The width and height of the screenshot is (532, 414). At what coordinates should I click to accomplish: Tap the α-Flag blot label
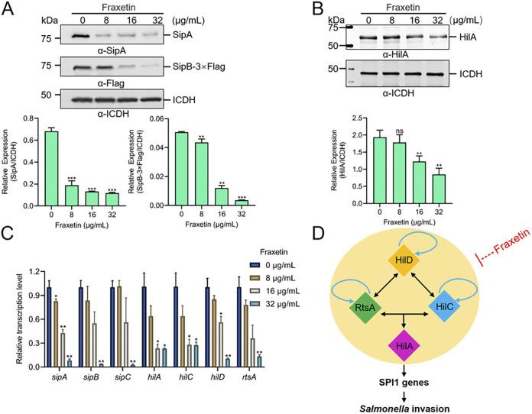click(x=106, y=84)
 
